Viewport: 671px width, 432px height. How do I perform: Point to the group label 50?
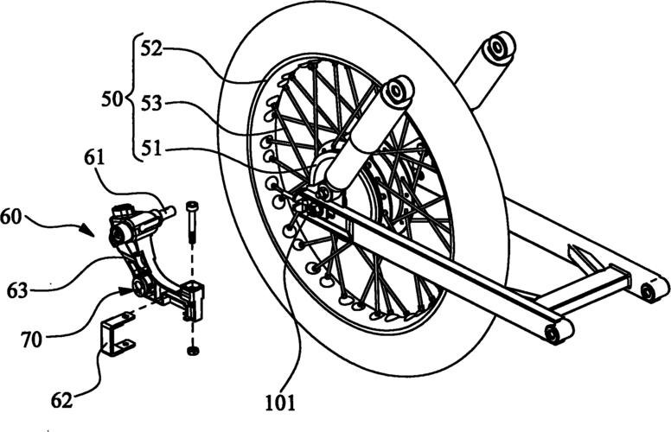coord(111,101)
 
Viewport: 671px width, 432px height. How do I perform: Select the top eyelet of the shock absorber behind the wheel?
coord(501,48)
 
